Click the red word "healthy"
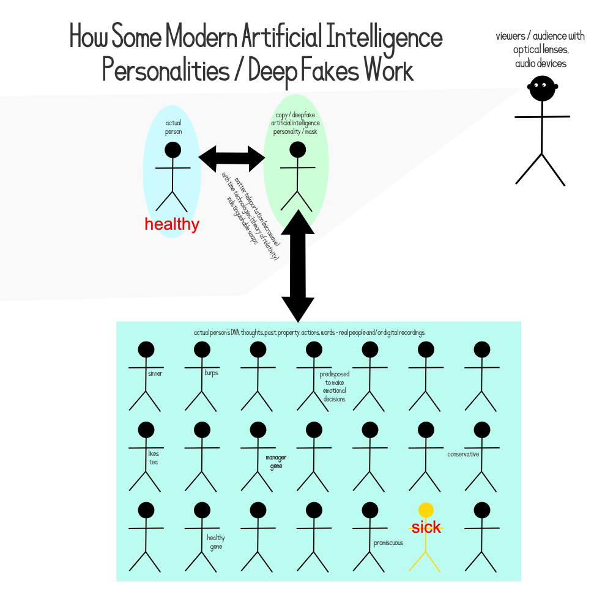pos(172,224)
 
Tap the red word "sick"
pos(426,527)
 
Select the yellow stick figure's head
pos(426,510)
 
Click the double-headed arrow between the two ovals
pos(232,158)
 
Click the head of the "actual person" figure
pos(173,150)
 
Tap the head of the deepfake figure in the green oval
pos(297,150)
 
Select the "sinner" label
pos(155,373)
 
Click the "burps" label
pos(211,373)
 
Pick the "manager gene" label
pos(276,462)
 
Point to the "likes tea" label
pos(153,458)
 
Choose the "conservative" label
pos(463,454)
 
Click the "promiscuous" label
pos(388,543)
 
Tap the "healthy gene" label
pos(216,542)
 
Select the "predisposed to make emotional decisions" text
pos(334,386)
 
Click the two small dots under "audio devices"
pos(540,85)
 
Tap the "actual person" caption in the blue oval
pos(173,127)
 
